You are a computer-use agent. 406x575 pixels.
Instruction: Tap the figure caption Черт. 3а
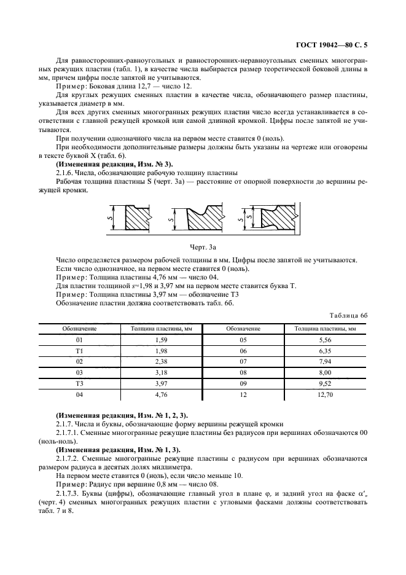pyautogui.click(x=203, y=246)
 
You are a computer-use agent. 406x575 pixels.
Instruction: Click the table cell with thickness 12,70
pyautogui.click(x=325, y=395)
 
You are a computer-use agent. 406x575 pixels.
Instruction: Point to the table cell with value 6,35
pyautogui.click(x=325, y=350)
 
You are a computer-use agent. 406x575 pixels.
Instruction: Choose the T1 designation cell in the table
pyautogui.click(x=79, y=350)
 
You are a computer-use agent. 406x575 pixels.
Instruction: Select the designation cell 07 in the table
pyautogui.click(x=243, y=361)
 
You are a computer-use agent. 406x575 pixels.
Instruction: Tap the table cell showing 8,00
pyautogui.click(x=325, y=373)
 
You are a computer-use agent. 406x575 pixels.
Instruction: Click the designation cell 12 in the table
pyautogui.click(x=243, y=395)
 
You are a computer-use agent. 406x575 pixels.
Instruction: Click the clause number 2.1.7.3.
pyautogui.click(x=68, y=494)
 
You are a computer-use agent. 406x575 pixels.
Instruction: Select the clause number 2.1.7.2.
pyautogui.click(x=68, y=458)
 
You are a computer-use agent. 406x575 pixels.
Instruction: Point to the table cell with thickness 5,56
pyautogui.click(x=325, y=339)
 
